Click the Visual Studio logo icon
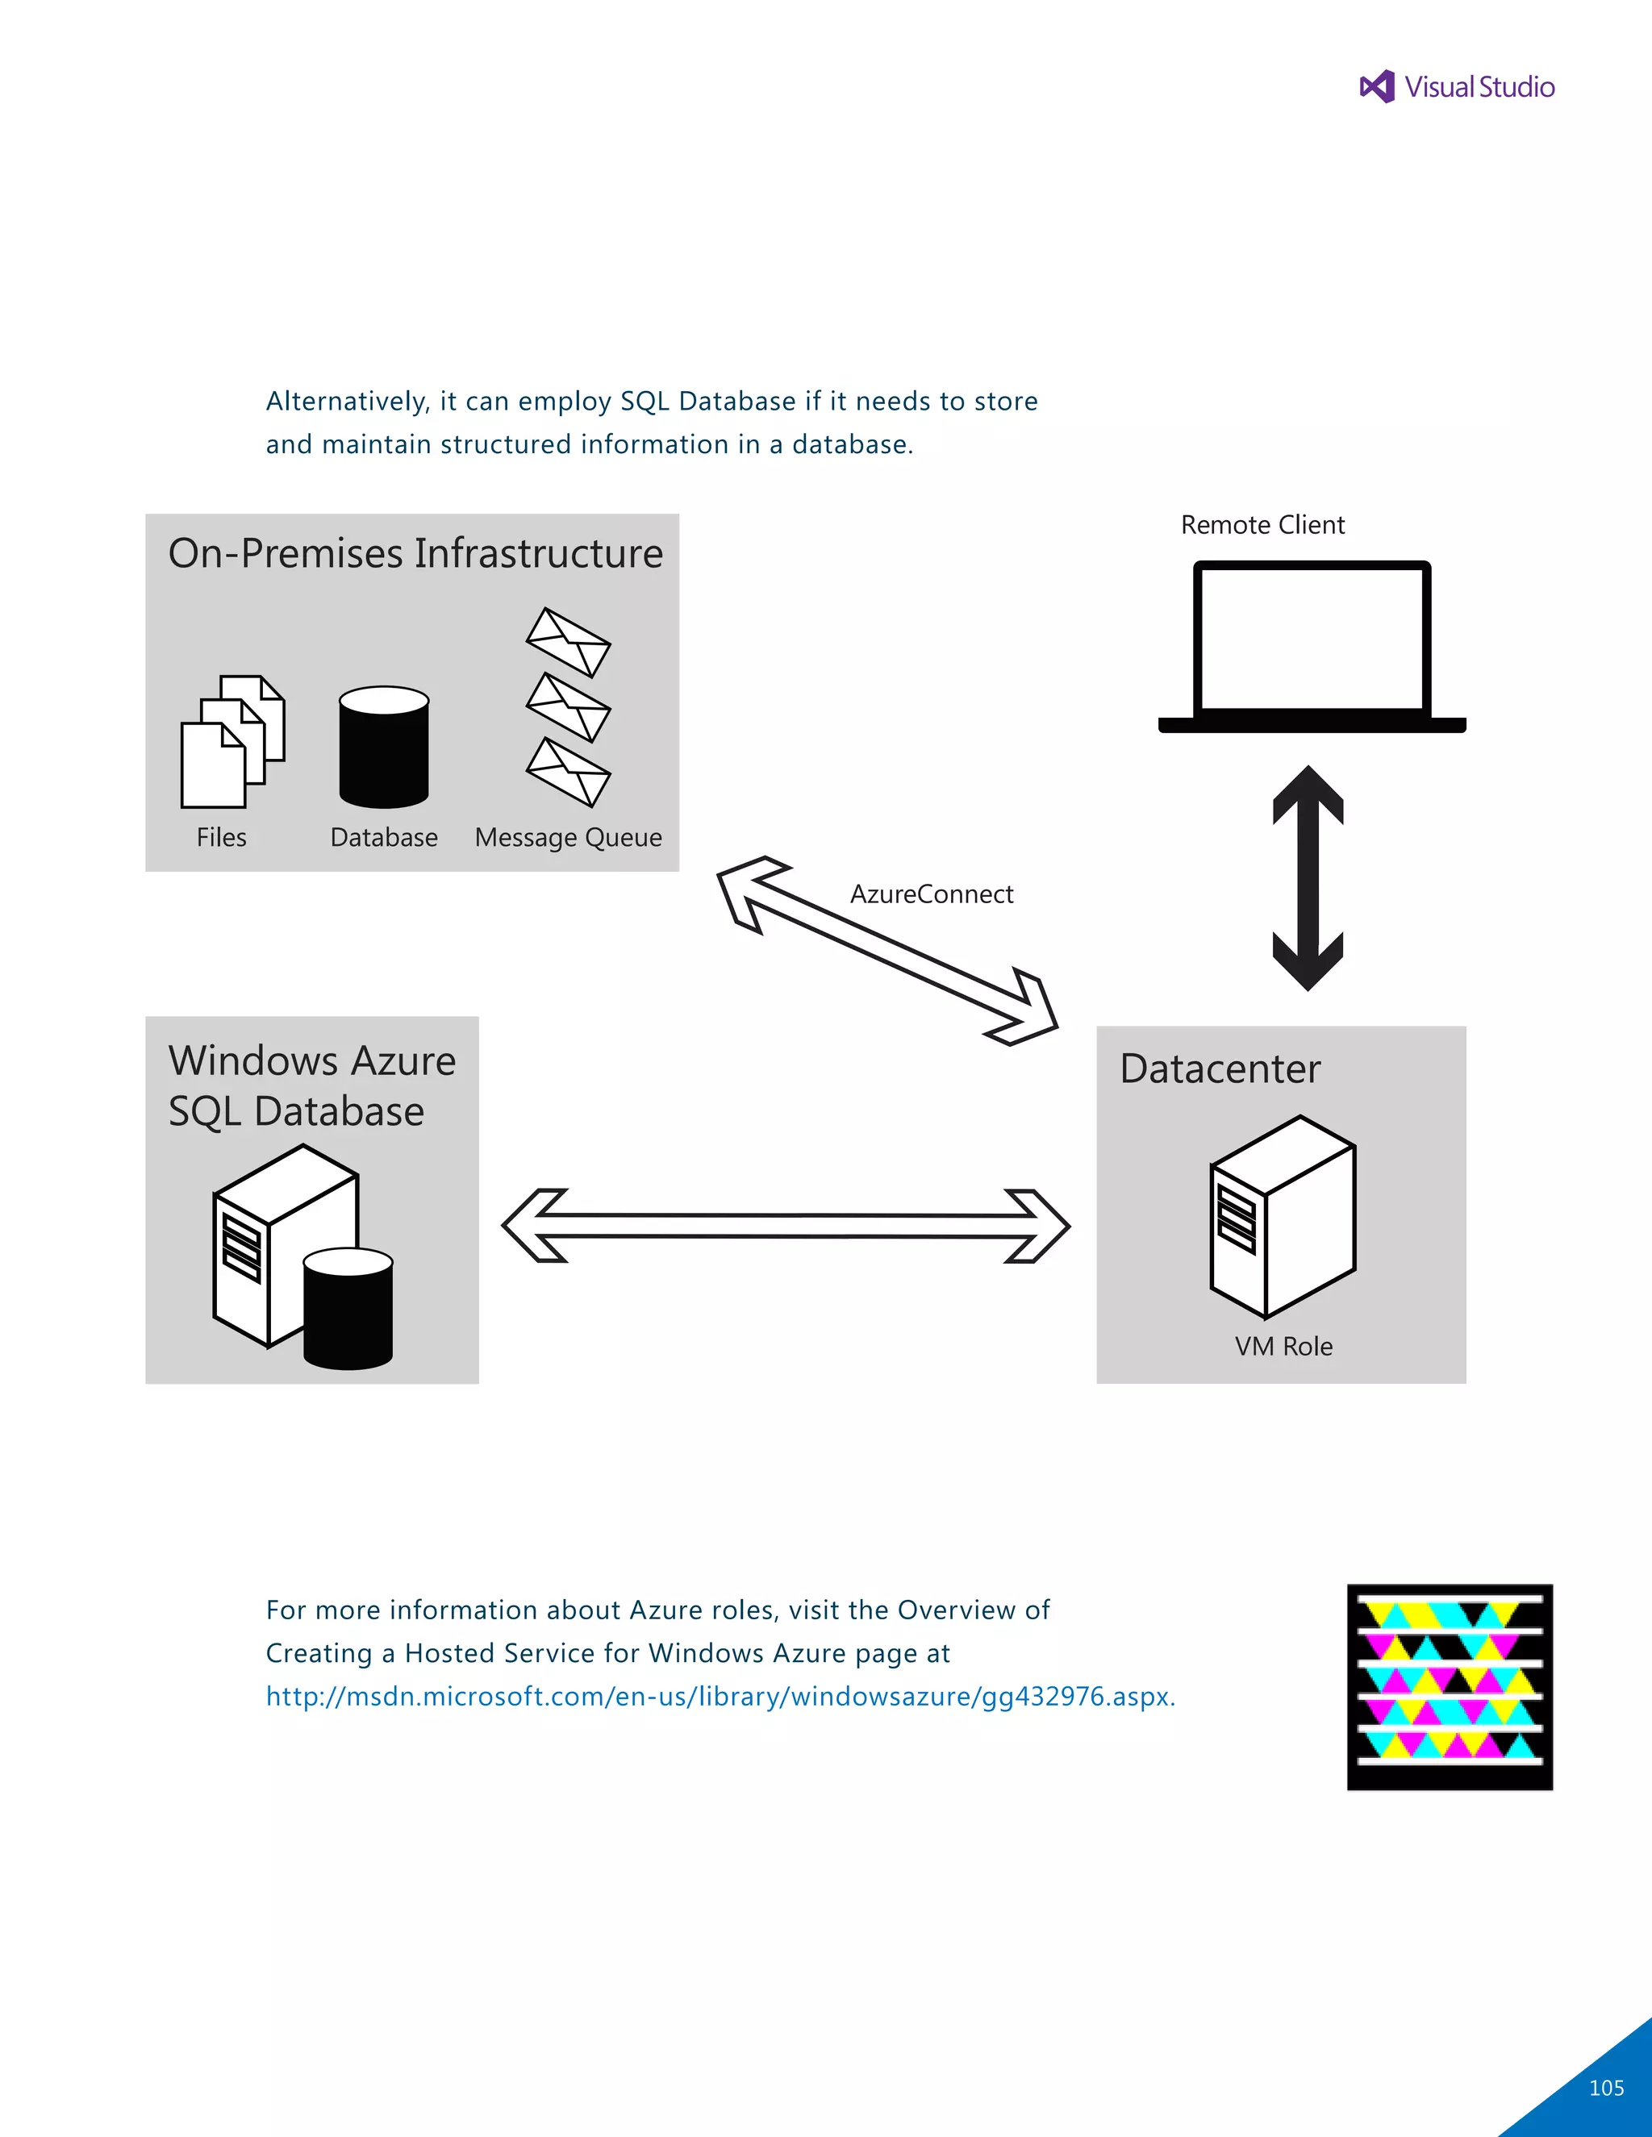[x=1377, y=87]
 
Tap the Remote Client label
[x=1262, y=526]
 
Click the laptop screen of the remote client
[x=1312, y=639]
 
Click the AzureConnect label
[x=931, y=894]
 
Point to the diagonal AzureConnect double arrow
[x=886, y=950]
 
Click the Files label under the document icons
[x=221, y=838]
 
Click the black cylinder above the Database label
[x=384, y=748]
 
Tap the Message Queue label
[x=568, y=838]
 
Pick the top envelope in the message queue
[x=568, y=642]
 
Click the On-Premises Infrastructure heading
[x=415, y=554]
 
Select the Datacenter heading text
[x=1220, y=1068]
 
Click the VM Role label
[x=1283, y=1347]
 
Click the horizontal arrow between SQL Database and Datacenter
[x=785, y=1226]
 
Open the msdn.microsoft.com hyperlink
[x=720, y=1697]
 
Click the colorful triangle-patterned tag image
[x=1450, y=1687]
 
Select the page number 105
[x=1606, y=2088]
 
